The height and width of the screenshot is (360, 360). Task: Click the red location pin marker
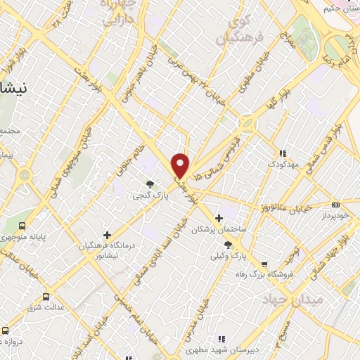[181, 165]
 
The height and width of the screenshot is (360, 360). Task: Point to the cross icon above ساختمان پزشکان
[219, 218]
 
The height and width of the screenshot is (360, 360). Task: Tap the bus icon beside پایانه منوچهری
[22, 226]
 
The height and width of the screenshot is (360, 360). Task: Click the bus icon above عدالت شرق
[46, 297]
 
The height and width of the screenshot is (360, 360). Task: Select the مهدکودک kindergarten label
[283, 164]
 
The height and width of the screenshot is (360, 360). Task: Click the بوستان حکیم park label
[342, 8]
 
